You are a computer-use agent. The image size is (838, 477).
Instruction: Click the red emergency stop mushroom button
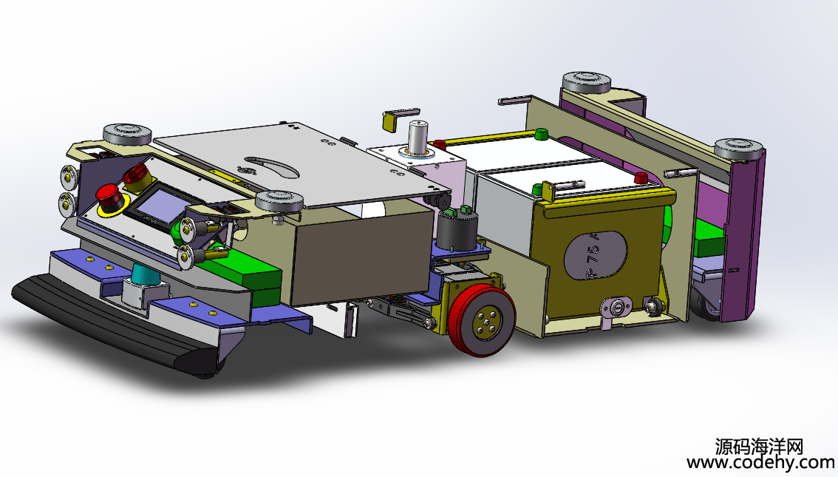tap(109, 195)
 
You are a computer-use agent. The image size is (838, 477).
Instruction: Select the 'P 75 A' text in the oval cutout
tap(593, 256)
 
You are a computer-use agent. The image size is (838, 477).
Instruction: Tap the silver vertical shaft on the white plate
tap(418, 136)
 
